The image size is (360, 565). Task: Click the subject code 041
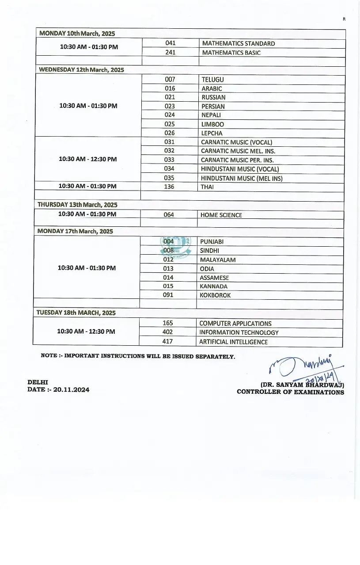pyautogui.click(x=171, y=43)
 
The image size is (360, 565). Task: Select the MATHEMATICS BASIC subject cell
pyautogui.click(x=231, y=53)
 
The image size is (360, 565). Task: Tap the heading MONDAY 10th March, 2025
pyautogui.click(x=77, y=34)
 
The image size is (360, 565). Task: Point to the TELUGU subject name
pyautogui.click(x=212, y=80)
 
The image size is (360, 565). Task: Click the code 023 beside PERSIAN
pyautogui.click(x=170, y=106)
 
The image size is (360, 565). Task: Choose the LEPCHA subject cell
pyautogui.click(x=212, y=133)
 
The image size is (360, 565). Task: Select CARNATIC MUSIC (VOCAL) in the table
pyautogui.click(x=236, y=142)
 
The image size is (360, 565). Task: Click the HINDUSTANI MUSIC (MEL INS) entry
pyautogui.click(x=242, y=178)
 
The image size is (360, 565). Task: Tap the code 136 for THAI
pyautogui.click(x=169, y=187)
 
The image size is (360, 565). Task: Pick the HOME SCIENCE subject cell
pyautogui.click(x=221, y=215)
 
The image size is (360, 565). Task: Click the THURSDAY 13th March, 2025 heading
pyautogui.click(x=77, y=205)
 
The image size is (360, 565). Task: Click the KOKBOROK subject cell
pyautogui.click(x=215, y=295)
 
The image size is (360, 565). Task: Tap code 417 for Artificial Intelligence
pyautogui.click(x=168, y=341)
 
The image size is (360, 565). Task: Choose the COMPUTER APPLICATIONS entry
pyautogui.click(x=235, y=324)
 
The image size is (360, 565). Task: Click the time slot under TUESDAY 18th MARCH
pyautogui.click(x=86, y=331)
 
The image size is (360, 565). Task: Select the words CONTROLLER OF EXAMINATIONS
pyautogui.click(x=290, y=392)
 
